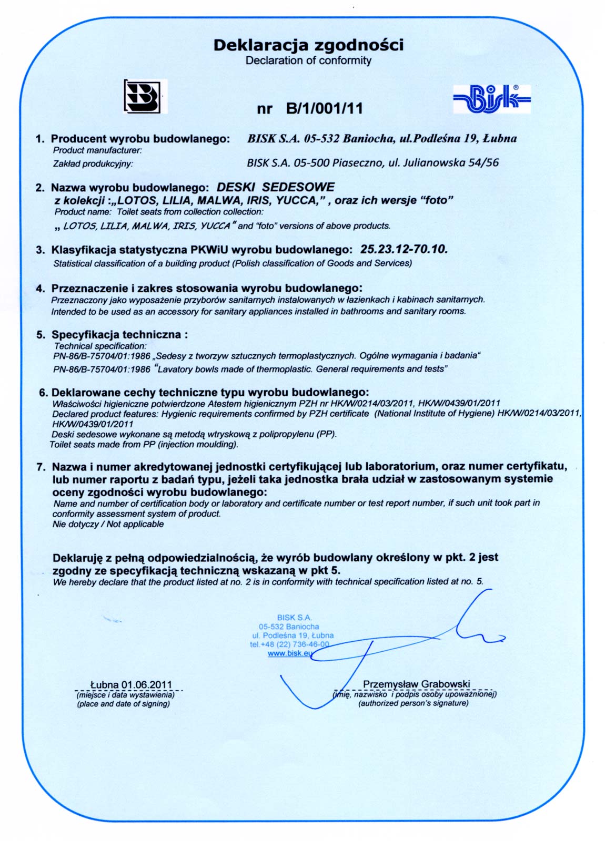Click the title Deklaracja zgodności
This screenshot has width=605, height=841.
point(308,45)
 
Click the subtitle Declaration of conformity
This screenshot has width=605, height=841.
point(308,60)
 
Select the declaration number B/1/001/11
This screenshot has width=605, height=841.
point(325,109)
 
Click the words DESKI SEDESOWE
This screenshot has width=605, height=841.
point(276,187)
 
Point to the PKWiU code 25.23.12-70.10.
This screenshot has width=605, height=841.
point(404,249)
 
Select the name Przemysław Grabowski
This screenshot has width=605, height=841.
point(416,684)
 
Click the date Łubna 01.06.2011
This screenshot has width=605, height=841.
point(131,685)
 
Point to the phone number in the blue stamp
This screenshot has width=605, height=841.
point(290,644)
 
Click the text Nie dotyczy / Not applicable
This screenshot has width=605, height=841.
point(108,524)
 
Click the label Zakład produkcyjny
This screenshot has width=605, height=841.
point(93,163)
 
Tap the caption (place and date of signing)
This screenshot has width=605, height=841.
point(124,704)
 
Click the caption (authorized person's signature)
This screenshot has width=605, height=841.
point(414,703)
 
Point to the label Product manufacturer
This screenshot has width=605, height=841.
point(97,150)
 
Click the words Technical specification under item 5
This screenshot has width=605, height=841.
point(100,346)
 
